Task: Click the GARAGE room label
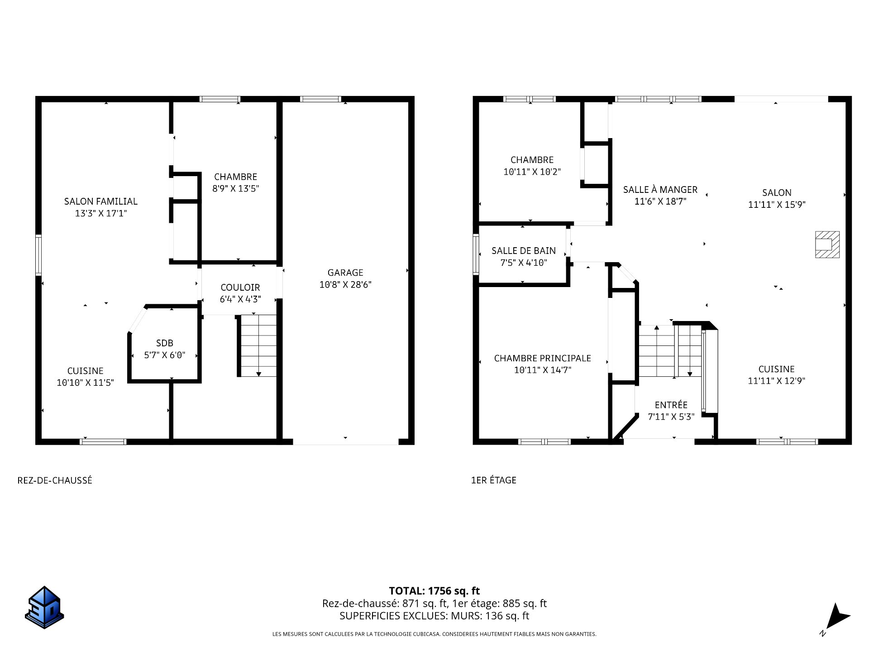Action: point(345,273)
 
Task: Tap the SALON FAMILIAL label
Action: point(100,201)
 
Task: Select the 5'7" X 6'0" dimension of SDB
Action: point(165,355)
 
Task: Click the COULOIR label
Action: point(240,288)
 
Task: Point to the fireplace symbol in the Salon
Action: point(827,244)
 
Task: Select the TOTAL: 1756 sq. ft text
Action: point(434,591)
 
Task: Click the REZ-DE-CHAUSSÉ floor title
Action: point(55,480)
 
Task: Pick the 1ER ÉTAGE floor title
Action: point(493,480)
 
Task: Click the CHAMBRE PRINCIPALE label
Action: point(542,358)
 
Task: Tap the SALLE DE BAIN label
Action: point(523,251)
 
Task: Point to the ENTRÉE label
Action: point(671,405)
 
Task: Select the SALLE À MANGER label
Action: point(660,190)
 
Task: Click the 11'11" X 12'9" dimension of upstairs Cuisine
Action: point(776,381)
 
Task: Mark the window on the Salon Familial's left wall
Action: point(38,255)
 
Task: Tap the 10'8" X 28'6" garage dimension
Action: point(345,285)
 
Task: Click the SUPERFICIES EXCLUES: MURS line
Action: point(434,616)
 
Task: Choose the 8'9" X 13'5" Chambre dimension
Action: point(235,189)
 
